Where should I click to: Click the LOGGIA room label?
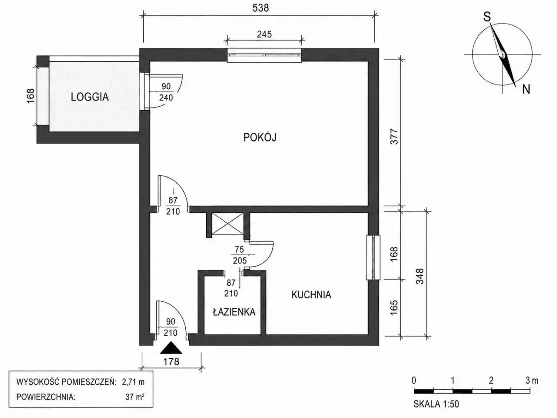(90, 97)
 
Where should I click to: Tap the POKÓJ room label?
(260, 137)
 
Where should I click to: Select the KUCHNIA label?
(311, 295)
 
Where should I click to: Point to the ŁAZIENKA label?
(234, 312)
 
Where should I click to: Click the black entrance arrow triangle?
(171, 348)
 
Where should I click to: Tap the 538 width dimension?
(261, 8)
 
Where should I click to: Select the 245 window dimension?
(264, 34)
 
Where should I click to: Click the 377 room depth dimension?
(394, 137)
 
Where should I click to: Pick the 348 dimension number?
(420, 276)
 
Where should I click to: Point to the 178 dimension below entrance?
(171, 361)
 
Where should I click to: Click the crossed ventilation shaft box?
(227, 224)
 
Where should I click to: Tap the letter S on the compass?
(487, 17)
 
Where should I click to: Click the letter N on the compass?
(526, 89)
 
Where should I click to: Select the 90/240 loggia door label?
(166, 92)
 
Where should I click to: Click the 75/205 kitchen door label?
(239, 255)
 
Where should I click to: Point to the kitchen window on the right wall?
(373, 257)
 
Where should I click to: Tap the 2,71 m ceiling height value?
(133, 382)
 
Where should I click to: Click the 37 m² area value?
(135, 397)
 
